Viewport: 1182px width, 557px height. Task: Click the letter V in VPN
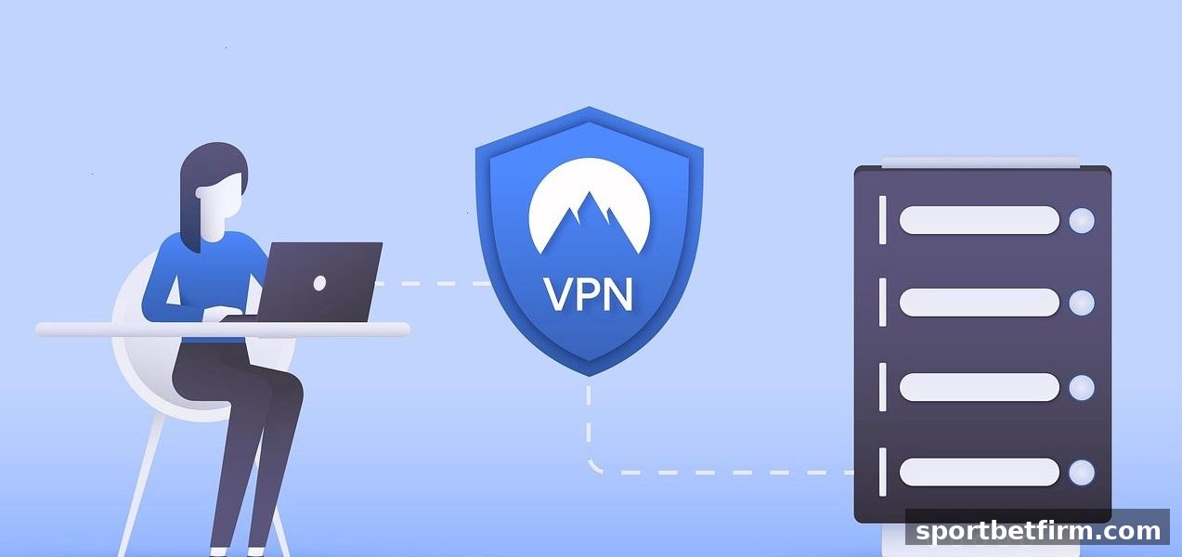[x=559, y=295]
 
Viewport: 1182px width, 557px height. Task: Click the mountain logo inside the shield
[x=589, y=207]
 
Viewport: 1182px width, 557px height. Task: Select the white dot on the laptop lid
[x=319, y=283]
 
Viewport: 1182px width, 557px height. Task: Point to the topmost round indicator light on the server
[x=1081, y=220]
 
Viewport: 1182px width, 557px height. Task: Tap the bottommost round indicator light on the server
[x=1081, y=473]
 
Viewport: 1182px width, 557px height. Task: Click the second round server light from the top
[x=1081, y=303]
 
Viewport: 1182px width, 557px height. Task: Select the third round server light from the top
[x=1081, y=388]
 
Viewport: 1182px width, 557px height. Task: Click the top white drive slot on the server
[x=979, y=220]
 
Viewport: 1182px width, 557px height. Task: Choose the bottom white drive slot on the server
[x=979, y=473]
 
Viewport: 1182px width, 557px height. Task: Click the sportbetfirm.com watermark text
[x=1038, y=531]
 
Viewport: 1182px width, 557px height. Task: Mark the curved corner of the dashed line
[x=594, y=466]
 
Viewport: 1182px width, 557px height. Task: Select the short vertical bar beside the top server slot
[x=882, y=220]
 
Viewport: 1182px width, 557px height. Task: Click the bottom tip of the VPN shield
[x=589, y=376]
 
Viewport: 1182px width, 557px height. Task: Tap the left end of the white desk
[x=38, y=330]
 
